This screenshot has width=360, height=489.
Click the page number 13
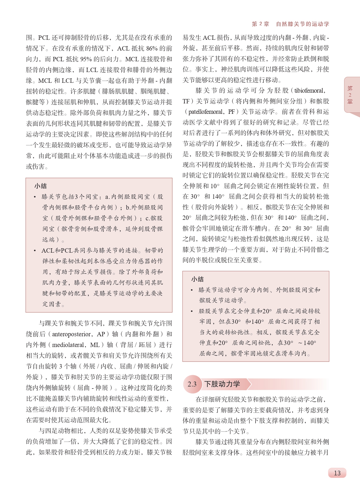337,473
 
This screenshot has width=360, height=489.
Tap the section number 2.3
192,384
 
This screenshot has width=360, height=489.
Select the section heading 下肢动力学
222,384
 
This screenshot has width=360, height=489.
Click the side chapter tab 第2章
350,95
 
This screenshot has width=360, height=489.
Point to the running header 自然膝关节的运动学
302,24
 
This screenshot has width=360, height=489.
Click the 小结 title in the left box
40,186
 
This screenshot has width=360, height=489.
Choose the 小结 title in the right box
197,279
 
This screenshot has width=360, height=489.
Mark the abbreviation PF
231,112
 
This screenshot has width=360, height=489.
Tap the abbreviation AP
101,334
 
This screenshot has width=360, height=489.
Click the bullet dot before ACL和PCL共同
35,251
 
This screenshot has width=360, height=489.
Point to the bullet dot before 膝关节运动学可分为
192,290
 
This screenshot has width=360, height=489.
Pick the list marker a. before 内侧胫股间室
107,197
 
